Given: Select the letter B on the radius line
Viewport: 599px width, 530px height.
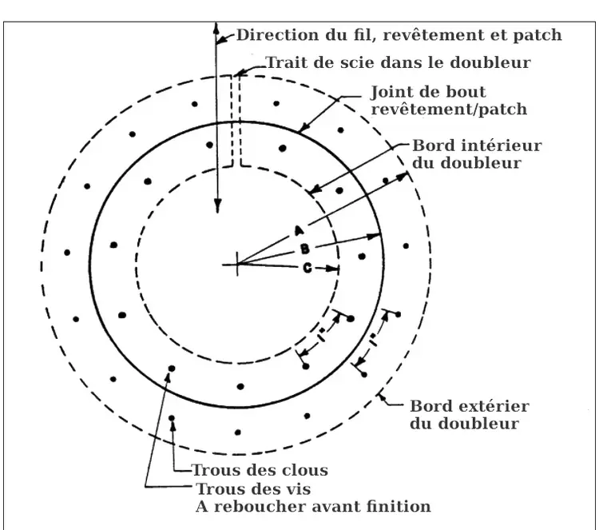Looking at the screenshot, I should pyautogui.click(x=304, y=249).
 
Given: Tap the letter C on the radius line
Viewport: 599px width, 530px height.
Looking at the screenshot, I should pyautogui.click(x=307, y=269).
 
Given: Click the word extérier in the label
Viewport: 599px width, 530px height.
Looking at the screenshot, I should pyautogui.click(x=494, y=406).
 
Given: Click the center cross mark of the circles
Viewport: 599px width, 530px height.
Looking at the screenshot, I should pyautogui.click(x=236, y=264).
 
